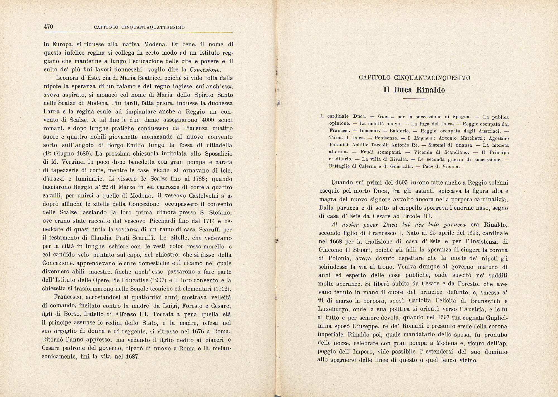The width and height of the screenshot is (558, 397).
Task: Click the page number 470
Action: click(48, 27)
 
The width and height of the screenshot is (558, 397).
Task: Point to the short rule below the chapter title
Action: click(415, 99)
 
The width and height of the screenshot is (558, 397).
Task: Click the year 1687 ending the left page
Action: click(132, 357)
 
